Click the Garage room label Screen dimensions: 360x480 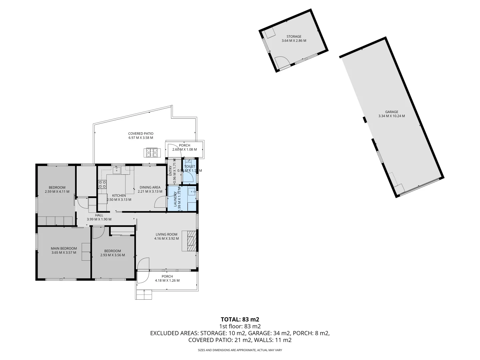pos(392,112)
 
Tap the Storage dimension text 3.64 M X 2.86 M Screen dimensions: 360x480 pos(294,41)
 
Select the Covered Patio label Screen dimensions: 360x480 pos(141,134)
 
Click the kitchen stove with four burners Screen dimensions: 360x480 pos(102,184)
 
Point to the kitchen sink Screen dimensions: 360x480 pos(116,170)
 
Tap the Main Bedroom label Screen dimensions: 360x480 pos(64,248)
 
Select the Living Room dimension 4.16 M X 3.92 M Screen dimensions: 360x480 pos(166,239)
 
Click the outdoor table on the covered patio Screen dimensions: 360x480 pos(152,152)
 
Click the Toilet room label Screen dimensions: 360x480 pos(190,166)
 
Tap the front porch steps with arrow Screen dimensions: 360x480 pos(144,295)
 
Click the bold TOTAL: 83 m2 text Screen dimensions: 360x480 pos(240,319)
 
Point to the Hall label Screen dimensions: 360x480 pos(99,215)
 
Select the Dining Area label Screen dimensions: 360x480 pos(150,187)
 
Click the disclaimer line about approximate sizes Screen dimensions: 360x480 pos(240,350)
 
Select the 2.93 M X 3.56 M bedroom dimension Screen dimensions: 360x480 pos(112,255)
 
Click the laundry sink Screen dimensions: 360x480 pos(192,191)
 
